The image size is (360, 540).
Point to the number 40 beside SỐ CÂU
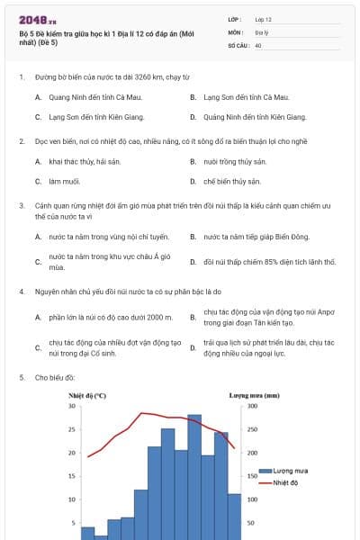click(x=258, y=44)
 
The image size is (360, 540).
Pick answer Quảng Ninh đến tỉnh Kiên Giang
click(x=255, y=117)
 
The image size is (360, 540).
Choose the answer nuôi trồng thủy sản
click(x=235, y=161)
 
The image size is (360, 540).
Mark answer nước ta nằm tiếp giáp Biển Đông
click(x=256, y=237)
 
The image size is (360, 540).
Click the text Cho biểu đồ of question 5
click(x=55, y=378)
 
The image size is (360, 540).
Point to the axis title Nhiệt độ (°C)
click(x=87, y=395)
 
